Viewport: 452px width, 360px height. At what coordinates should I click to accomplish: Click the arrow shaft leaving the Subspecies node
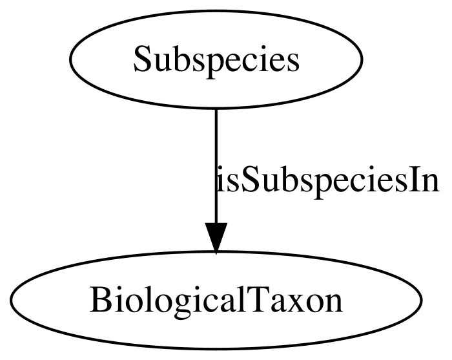click(x=216, y=162)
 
